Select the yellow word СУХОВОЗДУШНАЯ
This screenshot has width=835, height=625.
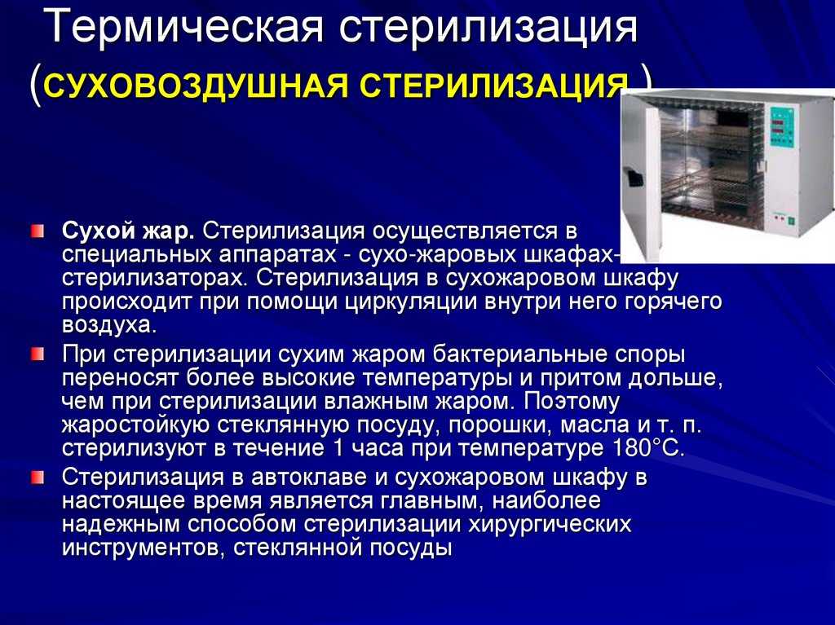click(197, 86)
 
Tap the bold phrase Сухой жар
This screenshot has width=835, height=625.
click(128, 231)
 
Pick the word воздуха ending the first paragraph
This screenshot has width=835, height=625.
click(109, 325)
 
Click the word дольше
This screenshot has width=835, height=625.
click(675, 379)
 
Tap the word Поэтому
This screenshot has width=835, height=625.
click(572, 401)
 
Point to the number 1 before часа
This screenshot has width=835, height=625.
click(338, 447)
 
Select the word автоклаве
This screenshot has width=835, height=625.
click(309, 477)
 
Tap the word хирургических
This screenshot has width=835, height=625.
click(550, 525)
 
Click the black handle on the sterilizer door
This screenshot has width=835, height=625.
click(633, 177)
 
